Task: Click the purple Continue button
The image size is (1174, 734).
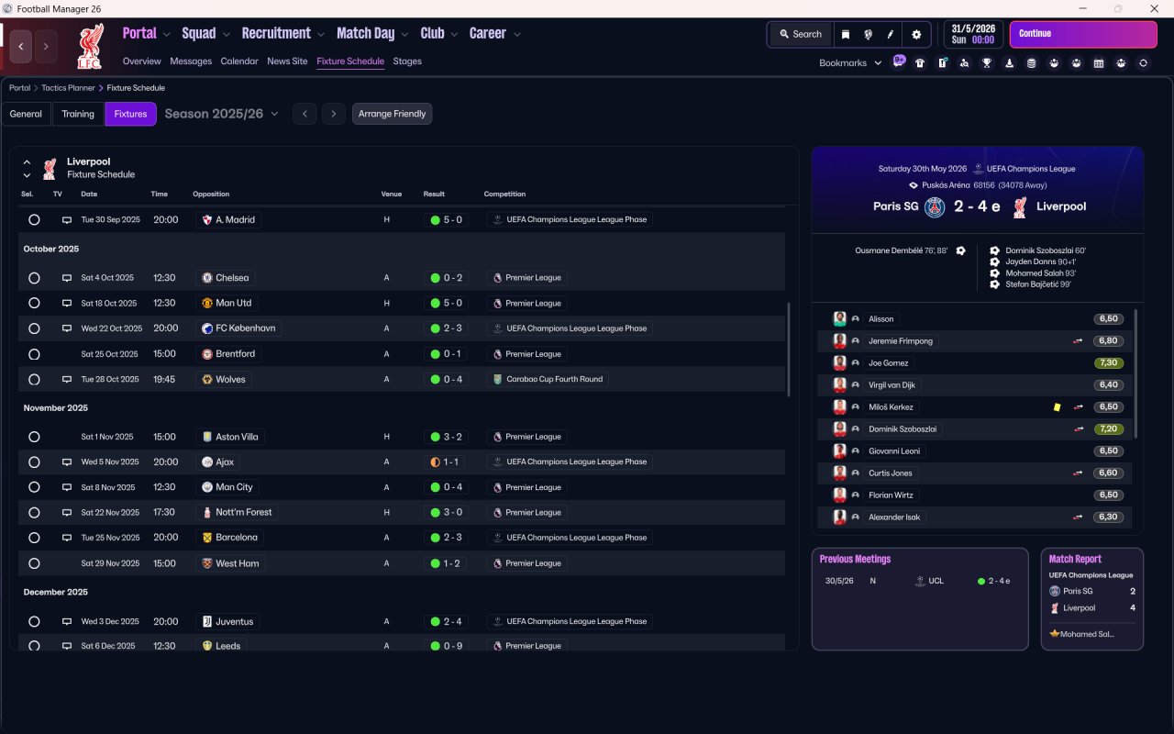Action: pos(1083,34)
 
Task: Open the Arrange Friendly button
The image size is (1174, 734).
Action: pos(392,114)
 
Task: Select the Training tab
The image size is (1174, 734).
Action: pos(78,114)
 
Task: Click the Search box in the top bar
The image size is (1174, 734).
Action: pos(801,34)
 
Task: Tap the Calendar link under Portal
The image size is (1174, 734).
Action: pos(239,61)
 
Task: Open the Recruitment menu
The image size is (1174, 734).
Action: pos(276,34)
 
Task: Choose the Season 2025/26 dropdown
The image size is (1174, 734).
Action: pos(221,114)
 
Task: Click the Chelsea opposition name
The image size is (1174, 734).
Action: pos(232,278)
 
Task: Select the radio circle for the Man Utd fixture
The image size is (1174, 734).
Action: pos(34,303)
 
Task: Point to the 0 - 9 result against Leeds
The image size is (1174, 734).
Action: pos(453,646)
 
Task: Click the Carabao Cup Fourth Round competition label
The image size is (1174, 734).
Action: pos(555,379)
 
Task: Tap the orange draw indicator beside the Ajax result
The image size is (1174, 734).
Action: pos(435,462)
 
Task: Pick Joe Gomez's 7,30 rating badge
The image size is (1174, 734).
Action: pos(1109,362)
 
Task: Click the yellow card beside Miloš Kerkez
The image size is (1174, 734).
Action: pos(1058,407)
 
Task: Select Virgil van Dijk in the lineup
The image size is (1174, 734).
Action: pos(892,384)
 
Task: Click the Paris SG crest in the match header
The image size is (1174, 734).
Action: pos(935,207)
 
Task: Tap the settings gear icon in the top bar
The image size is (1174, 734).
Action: pos(916,35)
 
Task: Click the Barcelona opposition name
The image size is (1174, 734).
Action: pos(237,538)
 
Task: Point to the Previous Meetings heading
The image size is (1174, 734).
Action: pos(855,559)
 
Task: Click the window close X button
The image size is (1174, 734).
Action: pos(1154,8)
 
